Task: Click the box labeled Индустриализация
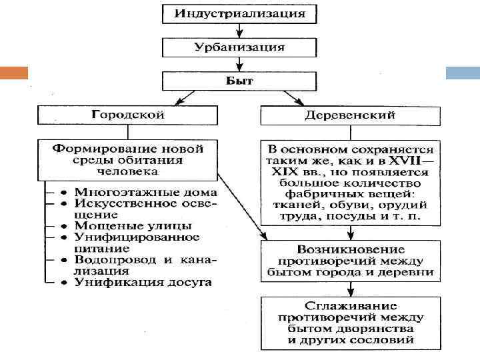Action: pos(239,14)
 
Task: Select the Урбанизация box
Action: pos(239,47)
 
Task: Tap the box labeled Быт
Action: pos(239,81)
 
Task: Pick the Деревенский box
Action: pos(350,114)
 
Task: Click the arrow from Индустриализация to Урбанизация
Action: pos(239,31)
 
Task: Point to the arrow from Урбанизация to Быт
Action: pos(239,64)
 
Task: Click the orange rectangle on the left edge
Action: pos(14,71)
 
